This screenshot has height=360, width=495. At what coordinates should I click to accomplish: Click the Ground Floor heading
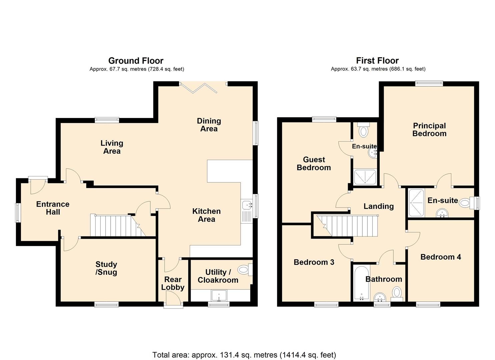[136, 61]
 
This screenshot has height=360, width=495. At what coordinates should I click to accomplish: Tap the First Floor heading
[377, 61]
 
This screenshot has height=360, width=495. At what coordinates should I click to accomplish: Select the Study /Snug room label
[106, 268]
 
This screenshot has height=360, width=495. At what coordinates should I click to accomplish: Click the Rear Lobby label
[173, 283]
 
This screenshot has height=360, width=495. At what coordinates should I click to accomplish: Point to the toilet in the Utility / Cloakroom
[245, 269]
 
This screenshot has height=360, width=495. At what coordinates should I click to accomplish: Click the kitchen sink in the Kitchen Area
[246, 209]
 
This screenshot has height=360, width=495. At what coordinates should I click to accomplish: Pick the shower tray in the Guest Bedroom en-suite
[365, 177]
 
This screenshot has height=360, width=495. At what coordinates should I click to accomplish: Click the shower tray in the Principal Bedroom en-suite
[416, 203]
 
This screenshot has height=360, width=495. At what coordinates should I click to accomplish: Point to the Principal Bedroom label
[429, 130]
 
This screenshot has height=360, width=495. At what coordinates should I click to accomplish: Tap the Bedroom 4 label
[440, 257]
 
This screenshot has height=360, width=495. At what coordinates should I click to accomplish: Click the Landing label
[378, 206]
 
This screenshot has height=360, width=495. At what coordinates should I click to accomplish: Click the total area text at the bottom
[244, 355]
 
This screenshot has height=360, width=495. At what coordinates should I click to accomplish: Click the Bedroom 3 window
[326, 304]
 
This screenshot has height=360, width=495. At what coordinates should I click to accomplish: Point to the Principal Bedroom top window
[429, 84]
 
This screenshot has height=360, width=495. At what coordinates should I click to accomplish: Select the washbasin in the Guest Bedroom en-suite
[372, 153]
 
